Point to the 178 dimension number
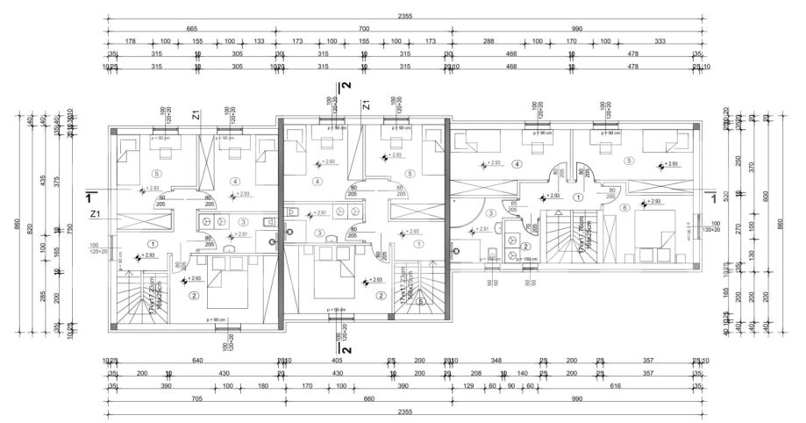[131, 40]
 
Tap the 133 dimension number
[259, 40]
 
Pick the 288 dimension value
[489, 40]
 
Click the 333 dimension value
[660, 40]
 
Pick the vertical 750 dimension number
[70, 228]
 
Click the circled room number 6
[624, 207]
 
